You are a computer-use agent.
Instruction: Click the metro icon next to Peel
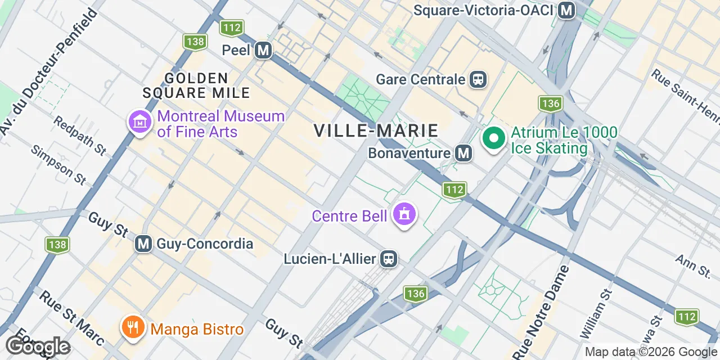[263, 51]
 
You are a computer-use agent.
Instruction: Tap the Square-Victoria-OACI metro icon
[567, 10]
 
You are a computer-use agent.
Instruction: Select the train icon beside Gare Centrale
[478, 79]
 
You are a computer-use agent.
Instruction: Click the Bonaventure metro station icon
[463, 153]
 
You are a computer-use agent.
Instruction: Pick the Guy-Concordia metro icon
[144, 244]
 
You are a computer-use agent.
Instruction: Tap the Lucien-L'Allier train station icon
[389, 259]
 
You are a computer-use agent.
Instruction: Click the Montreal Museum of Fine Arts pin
[139, 121]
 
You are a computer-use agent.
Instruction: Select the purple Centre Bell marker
[404, 214]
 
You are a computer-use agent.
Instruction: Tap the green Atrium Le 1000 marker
[493, 138]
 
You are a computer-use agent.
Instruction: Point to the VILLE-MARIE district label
[376, 130]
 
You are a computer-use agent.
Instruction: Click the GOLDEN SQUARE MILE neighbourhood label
[196, 85]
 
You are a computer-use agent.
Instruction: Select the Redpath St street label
[80, 136]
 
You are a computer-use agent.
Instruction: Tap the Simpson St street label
[58, 165]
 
